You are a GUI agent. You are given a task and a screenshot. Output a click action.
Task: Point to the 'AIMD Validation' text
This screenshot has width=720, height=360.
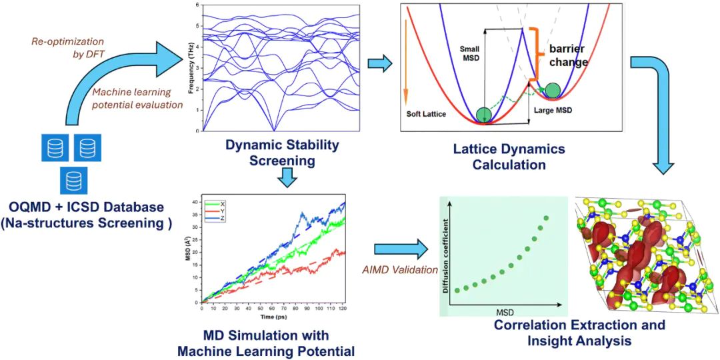point(399,270)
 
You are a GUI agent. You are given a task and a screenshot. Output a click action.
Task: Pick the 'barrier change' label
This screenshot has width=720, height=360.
point(568,55)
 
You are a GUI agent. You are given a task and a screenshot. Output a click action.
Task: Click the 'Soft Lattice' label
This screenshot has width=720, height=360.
point(427,114)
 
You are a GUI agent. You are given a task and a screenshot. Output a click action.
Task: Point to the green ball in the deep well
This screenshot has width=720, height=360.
point(484,114)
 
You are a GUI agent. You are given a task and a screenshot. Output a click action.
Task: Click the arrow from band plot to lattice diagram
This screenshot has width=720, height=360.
point(380,64)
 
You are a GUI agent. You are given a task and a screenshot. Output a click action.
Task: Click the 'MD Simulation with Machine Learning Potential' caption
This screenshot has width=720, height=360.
point(266,342)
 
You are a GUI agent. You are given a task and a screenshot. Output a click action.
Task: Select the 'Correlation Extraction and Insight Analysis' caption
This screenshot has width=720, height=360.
point(579,333)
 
